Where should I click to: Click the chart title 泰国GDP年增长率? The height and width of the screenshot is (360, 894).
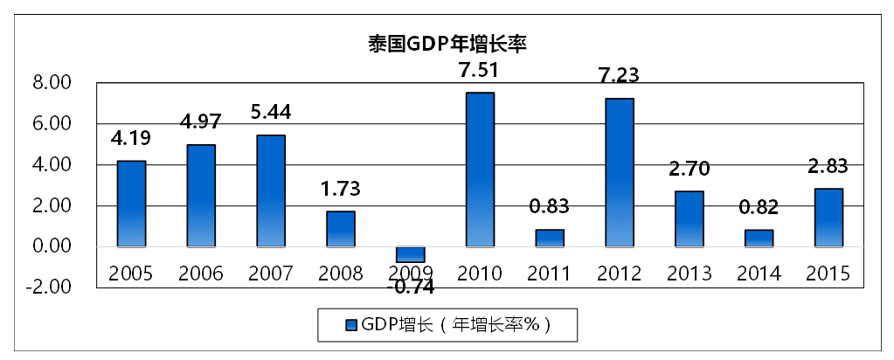447,43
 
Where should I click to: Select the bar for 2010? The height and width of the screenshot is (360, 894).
480,170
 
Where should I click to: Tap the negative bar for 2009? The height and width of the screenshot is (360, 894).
410,254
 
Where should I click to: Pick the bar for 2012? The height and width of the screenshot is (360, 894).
620,172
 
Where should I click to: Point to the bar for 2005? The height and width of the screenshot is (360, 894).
131,204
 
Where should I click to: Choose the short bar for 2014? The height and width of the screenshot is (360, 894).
759,238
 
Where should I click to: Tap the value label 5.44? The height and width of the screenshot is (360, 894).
270,113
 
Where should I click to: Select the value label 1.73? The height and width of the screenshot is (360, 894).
340,189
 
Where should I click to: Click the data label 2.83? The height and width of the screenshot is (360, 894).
829,167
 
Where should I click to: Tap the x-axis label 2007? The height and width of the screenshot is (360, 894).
270,273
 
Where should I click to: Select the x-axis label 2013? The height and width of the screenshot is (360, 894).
690,273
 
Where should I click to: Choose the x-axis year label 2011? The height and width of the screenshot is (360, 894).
550,273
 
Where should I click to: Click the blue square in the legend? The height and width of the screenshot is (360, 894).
351,325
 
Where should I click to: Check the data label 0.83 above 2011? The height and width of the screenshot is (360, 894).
550,207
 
